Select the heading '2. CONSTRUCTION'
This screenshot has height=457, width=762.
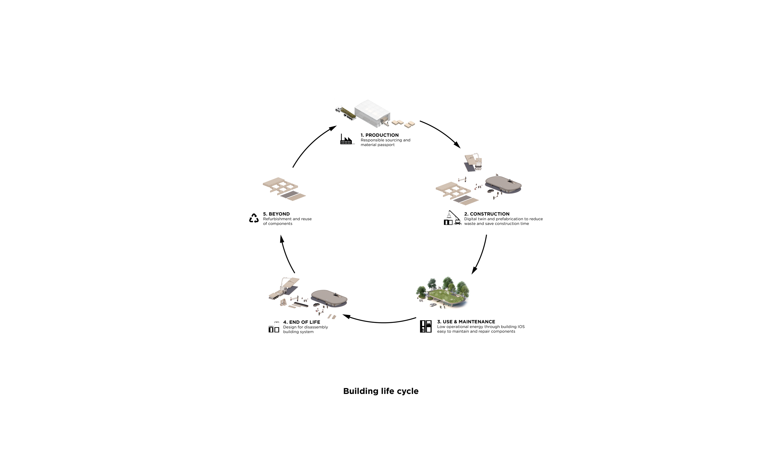click(487, 214)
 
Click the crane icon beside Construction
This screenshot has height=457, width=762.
click(452, 218)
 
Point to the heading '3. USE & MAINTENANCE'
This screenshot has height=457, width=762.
click(466, 322)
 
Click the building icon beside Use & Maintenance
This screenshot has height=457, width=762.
click(425, 326)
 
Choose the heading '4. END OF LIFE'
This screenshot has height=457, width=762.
click(301, 322)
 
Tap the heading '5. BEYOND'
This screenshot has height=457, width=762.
click(276, 214)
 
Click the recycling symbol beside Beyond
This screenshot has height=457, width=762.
click(254, 218)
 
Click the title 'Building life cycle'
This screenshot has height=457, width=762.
click(381, 391)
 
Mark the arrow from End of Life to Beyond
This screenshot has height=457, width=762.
click(285, 255)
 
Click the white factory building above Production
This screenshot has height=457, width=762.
click(373, 113)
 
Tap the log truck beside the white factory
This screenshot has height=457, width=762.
click(345, 113)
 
